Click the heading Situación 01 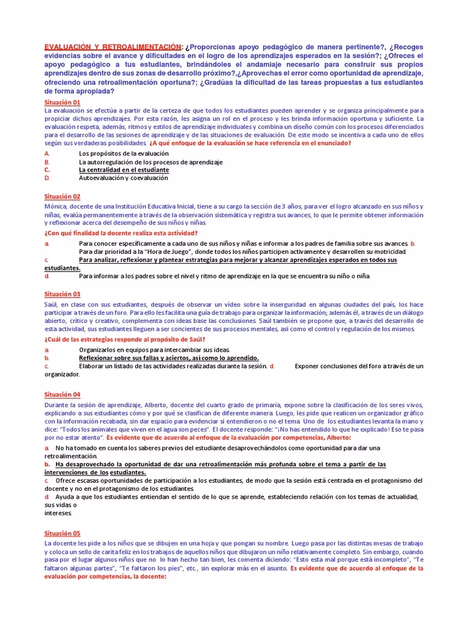(x=62, y=103)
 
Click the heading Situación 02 (x=62, y=197)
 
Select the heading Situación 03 (x=62, y=294)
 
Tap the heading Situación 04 (x=62, y=395)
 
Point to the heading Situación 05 (x=62, y=533)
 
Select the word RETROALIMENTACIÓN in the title (x=144, y=47)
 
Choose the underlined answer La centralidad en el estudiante (x=124, y=170)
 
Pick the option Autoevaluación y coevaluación (x=123, y=178)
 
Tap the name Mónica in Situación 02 (x=56, y=206)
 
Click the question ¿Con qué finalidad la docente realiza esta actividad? (x=121, y=233)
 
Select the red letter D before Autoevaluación (x=47, y=178)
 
